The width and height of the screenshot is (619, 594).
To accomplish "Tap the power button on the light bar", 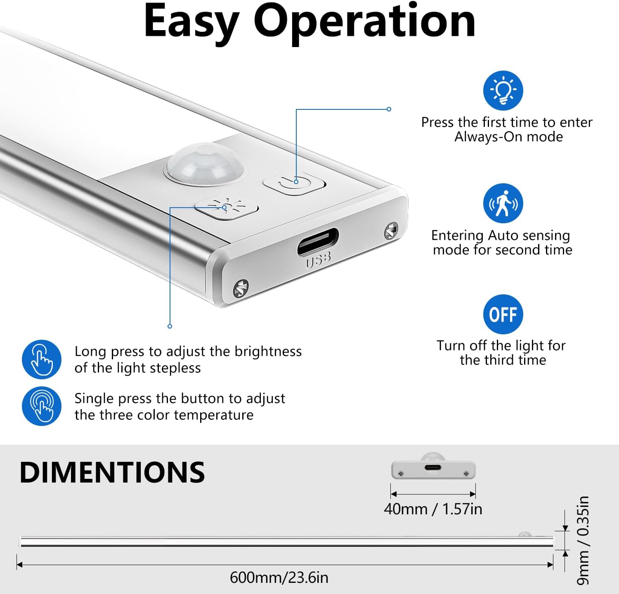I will (294, 183).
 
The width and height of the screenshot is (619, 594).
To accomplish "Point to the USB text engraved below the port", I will (318, 260).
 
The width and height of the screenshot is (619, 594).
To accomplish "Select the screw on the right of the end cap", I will (391, 232).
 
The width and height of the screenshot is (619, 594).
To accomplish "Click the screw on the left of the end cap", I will (241, 288).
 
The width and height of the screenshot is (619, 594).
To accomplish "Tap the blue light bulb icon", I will (503, 90).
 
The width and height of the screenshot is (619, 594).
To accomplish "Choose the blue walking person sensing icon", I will (503, 203).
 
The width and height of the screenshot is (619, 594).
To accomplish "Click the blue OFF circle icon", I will (503, 315).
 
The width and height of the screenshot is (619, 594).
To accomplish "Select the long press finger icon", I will (42, 360).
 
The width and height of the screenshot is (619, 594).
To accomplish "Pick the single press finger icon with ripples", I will (42, 406).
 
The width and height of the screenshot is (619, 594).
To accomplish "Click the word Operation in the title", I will (364, 21).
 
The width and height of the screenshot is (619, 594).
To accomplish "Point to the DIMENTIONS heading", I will (112, 472).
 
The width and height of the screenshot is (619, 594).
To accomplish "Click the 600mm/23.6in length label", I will (279, 577).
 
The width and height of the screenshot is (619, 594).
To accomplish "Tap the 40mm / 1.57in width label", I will (433, 509).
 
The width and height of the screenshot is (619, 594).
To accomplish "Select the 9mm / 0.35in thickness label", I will (583, 540).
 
